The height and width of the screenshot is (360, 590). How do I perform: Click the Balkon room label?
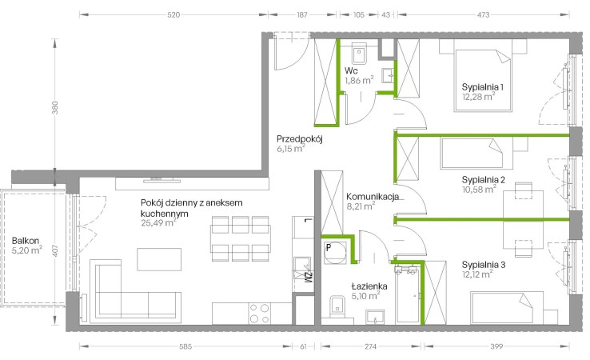tap(26, 241)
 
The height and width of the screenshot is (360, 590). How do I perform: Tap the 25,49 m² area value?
tap(158, 223)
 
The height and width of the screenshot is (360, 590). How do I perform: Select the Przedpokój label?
tap(300, 139)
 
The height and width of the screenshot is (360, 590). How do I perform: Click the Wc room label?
tap(351, 70)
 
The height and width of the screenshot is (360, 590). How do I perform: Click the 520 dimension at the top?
tap(173, 15)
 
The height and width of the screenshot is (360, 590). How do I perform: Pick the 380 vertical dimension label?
tap(55, 108)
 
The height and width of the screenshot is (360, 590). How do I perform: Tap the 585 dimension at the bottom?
tap(185, 346)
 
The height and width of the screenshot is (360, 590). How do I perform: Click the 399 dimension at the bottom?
tap(496, 346)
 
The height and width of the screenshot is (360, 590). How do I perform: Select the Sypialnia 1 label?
tap(483, 87)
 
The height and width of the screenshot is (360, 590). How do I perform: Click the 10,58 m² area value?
tap(479, 189)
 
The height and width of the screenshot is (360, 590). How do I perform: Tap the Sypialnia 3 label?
tap(484, 265)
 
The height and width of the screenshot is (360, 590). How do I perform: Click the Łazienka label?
tap(369, 286)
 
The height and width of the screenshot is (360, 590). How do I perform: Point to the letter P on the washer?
tap(329, 248)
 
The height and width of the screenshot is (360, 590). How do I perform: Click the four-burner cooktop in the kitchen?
tap(259, 314)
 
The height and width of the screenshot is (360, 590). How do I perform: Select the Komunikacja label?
tap(372, 197)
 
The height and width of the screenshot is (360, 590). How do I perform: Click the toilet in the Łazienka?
tap(337, 306)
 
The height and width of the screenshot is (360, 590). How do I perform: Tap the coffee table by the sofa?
tap(159, 259)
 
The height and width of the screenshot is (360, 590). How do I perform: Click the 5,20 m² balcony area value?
tap(26, 250)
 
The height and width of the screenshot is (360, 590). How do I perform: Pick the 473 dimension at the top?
tap(483, 15)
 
